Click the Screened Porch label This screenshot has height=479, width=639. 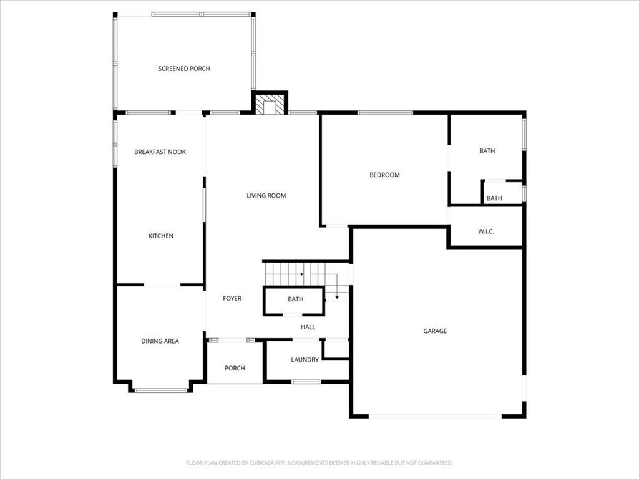[184, 69]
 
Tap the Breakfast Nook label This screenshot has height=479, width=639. [160, 152]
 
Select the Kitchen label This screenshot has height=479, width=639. [161, 236]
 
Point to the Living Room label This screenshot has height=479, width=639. [266, 196]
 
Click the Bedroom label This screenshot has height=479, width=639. [384, 175]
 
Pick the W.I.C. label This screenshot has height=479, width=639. [486, 232]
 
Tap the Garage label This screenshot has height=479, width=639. [435, 331]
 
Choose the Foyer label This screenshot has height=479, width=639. [232, 299]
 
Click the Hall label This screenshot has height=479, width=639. [308, 327]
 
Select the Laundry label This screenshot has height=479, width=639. [305, 360]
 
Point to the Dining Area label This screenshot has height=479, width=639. [160, 341]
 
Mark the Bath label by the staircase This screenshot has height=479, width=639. [296, 299]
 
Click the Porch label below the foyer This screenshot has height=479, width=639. [235, 369]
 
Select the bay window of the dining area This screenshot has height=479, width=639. [161, 390]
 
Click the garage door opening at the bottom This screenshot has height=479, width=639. [435, 416]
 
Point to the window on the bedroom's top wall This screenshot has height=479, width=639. [384, 113]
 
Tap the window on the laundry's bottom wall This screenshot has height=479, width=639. [306, 381]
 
